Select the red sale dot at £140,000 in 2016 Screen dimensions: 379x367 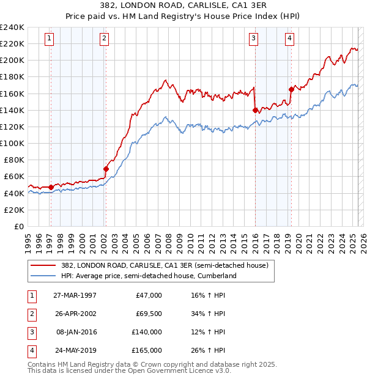(254, 110)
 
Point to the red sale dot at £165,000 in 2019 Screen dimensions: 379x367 (291, 89)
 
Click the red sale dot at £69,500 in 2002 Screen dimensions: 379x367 (106, 169)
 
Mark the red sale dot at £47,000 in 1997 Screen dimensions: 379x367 (51, 187)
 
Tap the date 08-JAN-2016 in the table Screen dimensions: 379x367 (76, 332)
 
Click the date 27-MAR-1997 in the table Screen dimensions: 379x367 (75, 295)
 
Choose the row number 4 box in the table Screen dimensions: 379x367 (31, 350)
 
